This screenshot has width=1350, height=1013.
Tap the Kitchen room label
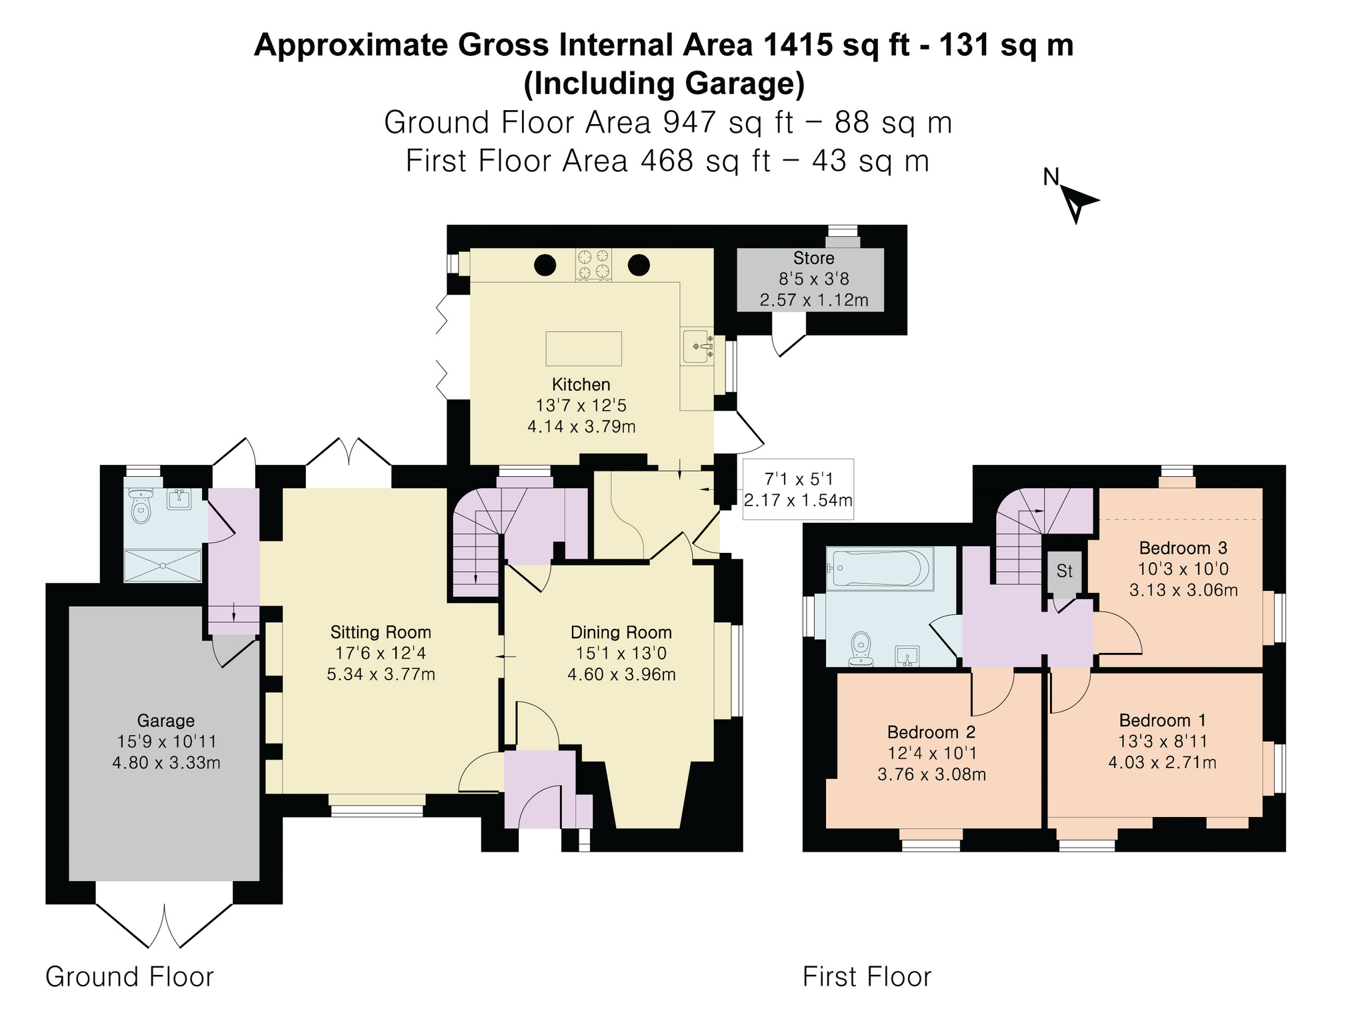(581, 384)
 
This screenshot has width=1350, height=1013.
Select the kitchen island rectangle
(583, 348)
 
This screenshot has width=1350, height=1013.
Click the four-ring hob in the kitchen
(593, 264)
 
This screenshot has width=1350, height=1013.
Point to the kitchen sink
(697, 346)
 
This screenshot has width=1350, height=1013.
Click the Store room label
(813, 258)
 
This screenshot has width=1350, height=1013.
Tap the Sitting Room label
(381, 632)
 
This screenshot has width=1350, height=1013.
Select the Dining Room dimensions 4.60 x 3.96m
(621, 674)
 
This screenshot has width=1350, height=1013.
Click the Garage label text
(166, 720)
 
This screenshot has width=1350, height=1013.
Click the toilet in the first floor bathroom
(861, 649)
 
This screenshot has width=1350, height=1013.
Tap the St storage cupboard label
(1064, 571)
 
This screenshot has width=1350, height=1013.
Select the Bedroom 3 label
(1183, 548)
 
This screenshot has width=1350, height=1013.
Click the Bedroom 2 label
(931, 732)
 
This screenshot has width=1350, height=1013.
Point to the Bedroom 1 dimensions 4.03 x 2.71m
(1162, 762)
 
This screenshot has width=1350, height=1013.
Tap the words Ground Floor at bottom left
(129, 977)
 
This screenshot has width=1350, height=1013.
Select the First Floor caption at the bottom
(867, 977)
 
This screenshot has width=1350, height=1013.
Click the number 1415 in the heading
(798, 45)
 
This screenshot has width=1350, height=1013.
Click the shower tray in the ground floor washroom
(163, 566)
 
